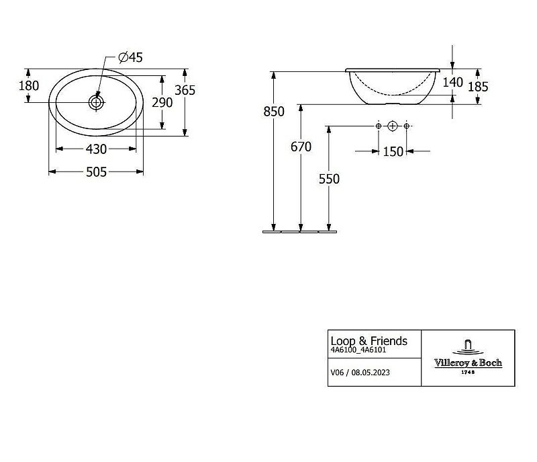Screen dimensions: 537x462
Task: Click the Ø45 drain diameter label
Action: point(130,57)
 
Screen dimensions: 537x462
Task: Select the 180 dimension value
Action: point(29,86)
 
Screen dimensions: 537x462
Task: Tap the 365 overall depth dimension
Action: point(185,90)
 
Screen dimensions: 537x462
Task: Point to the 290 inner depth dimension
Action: point(162,102)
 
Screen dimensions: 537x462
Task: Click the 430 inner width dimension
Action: point(96,149)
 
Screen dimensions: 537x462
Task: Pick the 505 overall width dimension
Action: point(96,172)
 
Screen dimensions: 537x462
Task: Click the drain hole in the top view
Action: point(96,102)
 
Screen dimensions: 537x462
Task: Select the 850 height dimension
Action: point(274,112)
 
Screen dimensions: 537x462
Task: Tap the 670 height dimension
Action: point(301,147)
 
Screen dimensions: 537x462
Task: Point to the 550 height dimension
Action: point(329,179)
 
